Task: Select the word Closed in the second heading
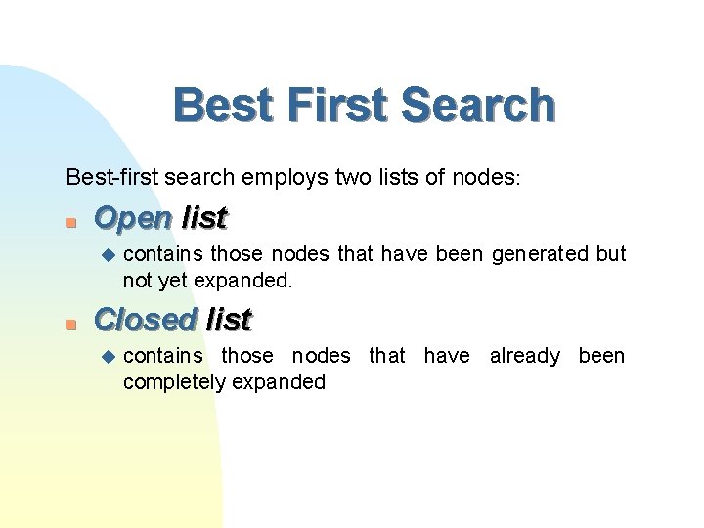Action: click(x=144, y=319)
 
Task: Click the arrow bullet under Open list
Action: click(x=108, y=255)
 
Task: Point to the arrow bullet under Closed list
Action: click(x=108, y=356)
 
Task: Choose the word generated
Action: click(x=541, y=255)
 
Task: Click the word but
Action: click(x=611, y=255)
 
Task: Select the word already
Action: click(x=525, y=356)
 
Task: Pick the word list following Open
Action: click(x=204, y=218)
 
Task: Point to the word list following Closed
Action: click(x=229, y=319)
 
